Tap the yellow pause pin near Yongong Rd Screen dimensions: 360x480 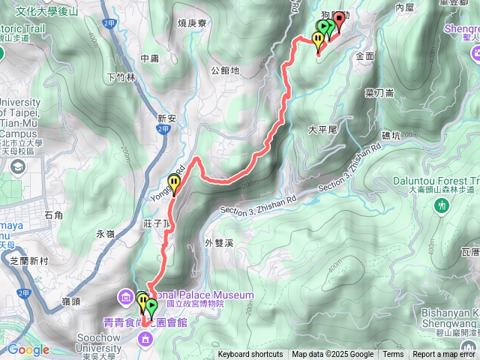175,183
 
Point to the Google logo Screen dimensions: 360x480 28,349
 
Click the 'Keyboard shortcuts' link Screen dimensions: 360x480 250,355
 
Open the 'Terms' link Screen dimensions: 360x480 393,355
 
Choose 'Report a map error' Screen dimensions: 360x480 445,355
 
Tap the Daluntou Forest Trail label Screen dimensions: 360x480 435,181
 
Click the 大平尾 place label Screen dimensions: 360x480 324,129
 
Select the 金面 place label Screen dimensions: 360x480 366,56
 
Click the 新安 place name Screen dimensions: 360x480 166,118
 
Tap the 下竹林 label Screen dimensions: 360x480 121,76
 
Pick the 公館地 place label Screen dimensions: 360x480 225,71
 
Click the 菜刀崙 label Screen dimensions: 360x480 380,93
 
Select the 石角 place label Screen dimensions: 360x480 54,215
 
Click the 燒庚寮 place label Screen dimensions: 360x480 191,23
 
